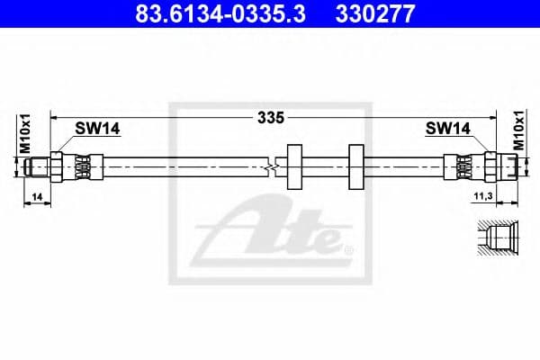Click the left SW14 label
(x=98, y=130)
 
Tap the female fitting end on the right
(x=504, y=166)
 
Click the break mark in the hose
(x=271, y=166)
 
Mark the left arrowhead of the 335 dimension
(x=53, y=117)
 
